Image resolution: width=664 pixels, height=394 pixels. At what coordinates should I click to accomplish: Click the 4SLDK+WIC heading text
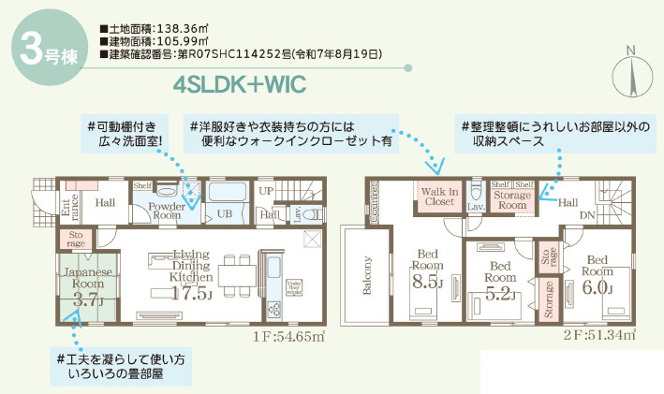(240, 84)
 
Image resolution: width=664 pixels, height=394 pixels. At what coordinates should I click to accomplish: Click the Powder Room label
(166, 210)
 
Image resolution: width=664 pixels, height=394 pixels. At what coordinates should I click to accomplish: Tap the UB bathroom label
(226, 214)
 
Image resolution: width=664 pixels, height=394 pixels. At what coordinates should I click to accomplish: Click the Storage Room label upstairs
(513, 199)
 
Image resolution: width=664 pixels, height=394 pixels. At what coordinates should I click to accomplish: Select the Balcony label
(367, 275)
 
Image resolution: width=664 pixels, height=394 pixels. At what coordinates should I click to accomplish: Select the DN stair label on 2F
(588, 214)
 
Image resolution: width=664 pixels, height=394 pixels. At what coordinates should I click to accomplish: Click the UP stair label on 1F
(267, 190)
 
